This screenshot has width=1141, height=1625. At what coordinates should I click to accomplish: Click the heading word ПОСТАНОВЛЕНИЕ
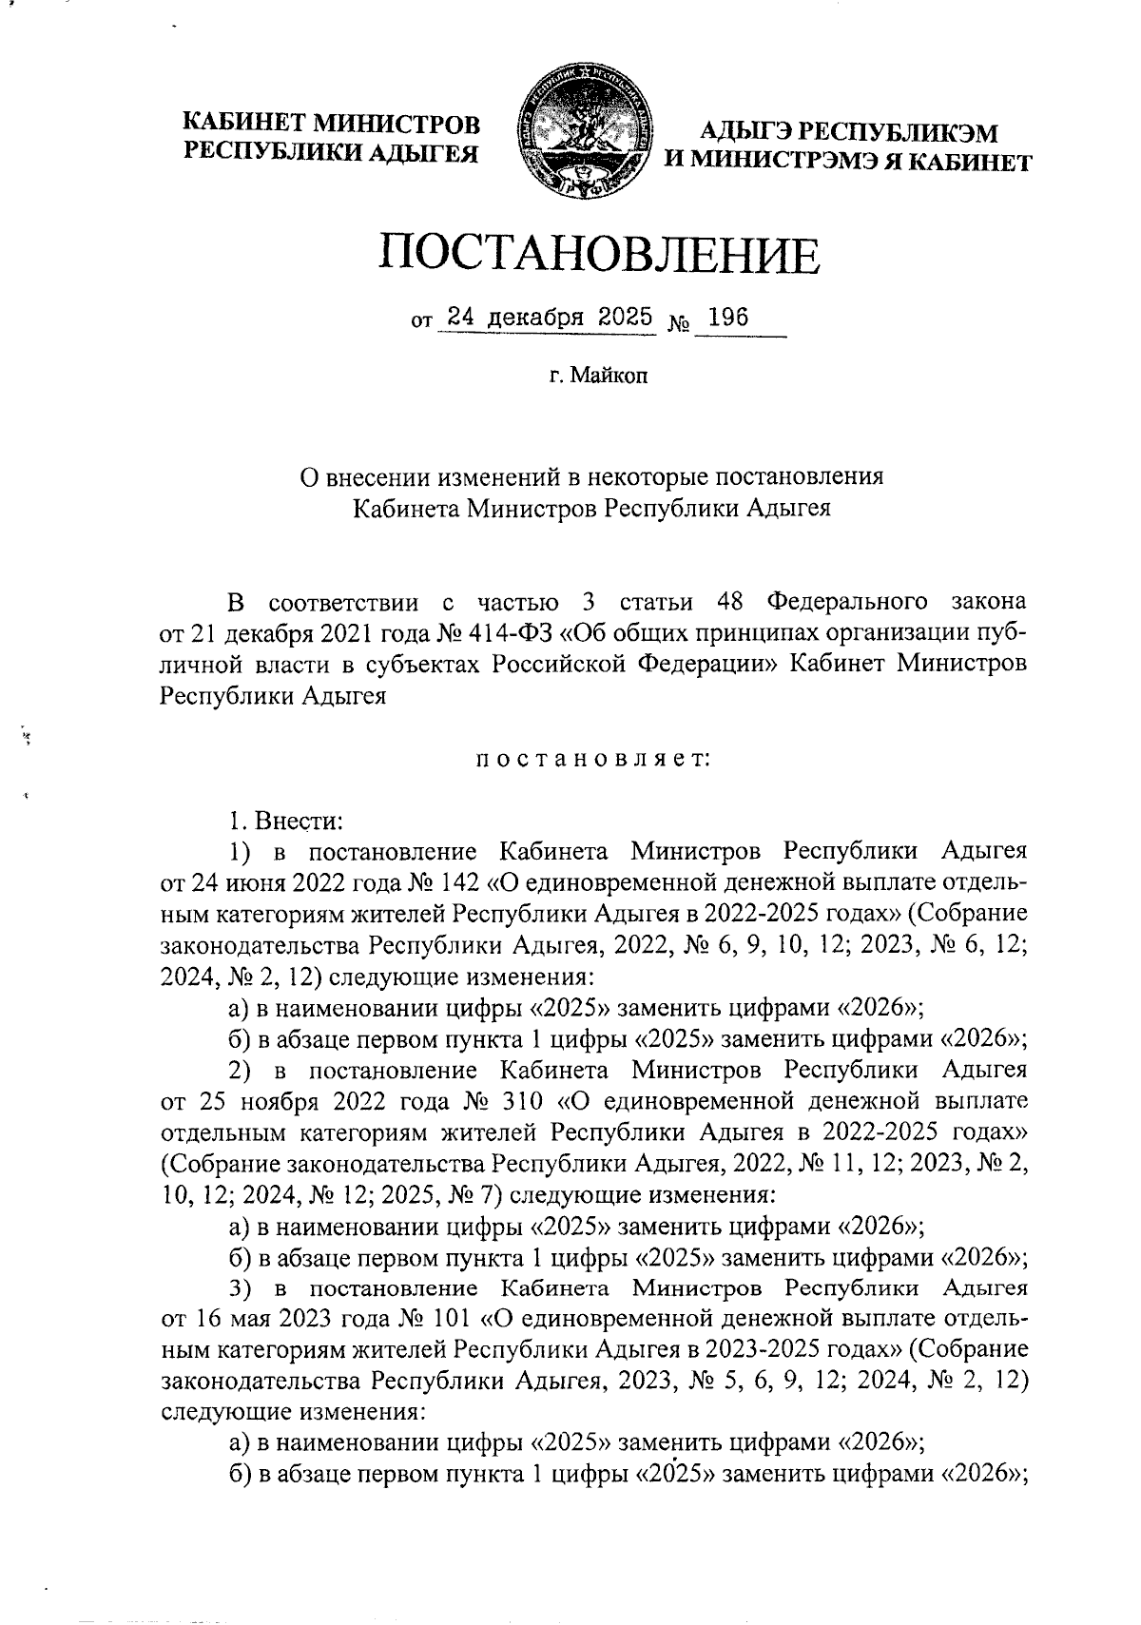point(599,255)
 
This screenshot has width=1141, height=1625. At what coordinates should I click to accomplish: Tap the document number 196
point(729,319)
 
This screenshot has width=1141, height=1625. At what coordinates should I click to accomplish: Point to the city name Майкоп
point(609,377)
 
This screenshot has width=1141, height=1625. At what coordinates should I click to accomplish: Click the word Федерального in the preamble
point(846,602)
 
